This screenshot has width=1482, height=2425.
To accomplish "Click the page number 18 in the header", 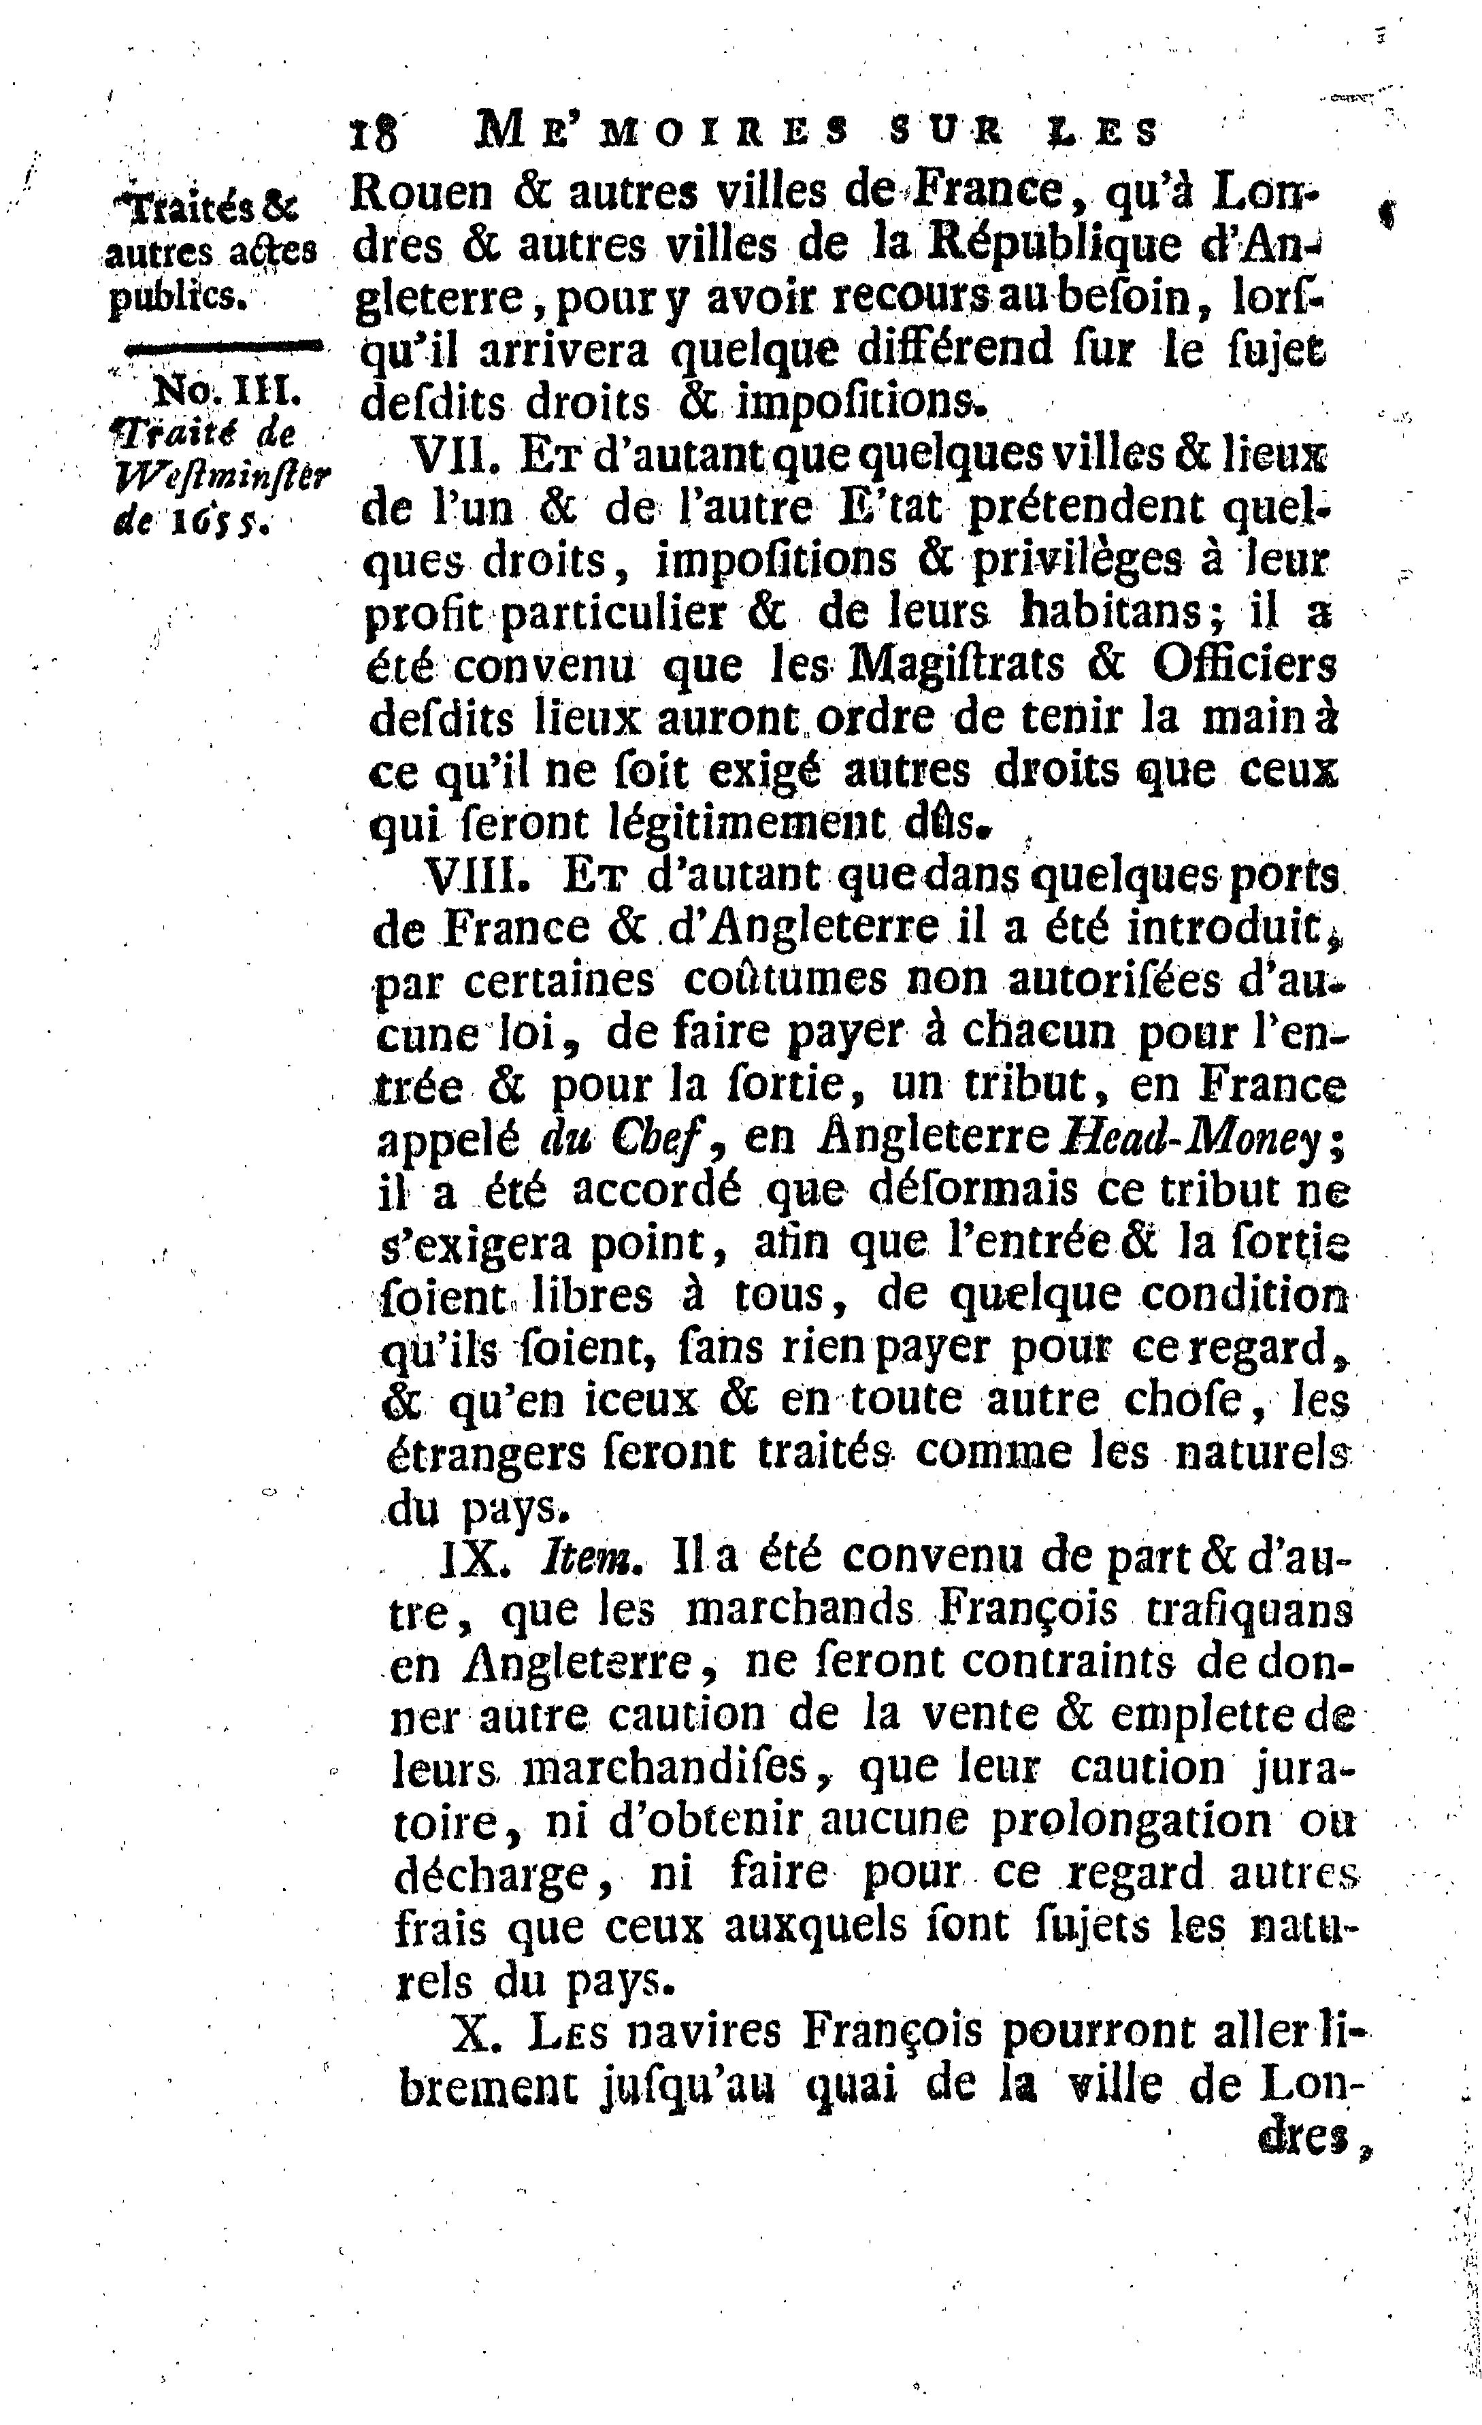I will tap(375, 132).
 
